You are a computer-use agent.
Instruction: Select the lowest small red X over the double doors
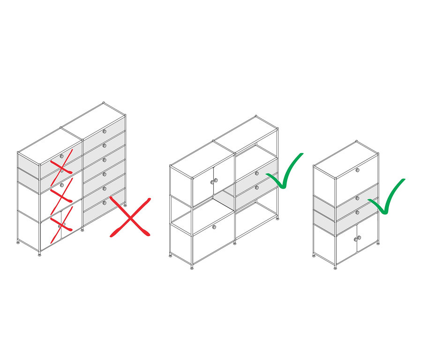(61, 222)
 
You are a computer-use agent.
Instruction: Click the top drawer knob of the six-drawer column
(105, 131)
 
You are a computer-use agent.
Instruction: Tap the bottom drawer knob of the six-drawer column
(105, 203)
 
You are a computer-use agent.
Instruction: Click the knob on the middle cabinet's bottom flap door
(214, 227)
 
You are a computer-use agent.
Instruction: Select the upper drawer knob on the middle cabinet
(256, 173)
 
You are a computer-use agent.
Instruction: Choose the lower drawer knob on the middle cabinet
(256, 187)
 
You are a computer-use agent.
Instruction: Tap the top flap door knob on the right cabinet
(357, 170)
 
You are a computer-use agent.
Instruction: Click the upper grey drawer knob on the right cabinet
(357, 199)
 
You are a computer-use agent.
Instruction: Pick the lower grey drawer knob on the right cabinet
(357, 213)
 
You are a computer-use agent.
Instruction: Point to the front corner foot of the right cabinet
(335, 268)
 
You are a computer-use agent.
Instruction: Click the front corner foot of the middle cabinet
(192, 268)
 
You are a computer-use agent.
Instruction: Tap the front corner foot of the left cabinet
(39, 254)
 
